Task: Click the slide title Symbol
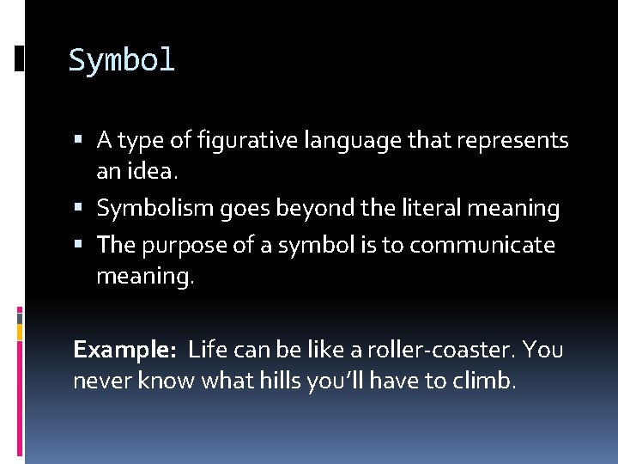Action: pyautogui.click(x=121, y=61)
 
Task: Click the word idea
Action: pyautogui.click(x=153, y=172)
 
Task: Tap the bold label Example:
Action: pyautogui.click(x=124, y=351)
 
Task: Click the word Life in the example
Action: pyautogui.click(x=206, y=350)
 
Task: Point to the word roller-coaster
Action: pyautogui.click(x=438, y=350)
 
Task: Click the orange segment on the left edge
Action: pyautogui.click(x=20, y=330)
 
